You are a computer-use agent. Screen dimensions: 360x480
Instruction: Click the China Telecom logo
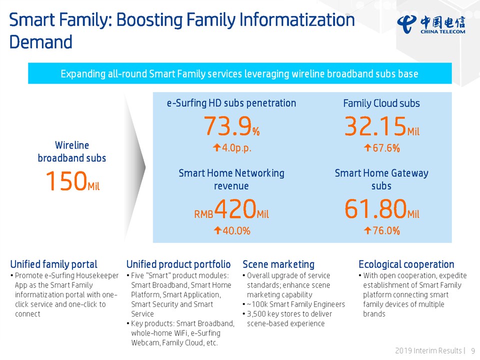tap(431, 23)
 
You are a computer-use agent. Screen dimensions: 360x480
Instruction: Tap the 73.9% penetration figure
tap(231, 126)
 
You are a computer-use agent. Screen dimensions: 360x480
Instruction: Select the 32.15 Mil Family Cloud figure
tap(381, 126)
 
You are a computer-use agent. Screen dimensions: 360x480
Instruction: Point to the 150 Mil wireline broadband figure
tap(72, 181)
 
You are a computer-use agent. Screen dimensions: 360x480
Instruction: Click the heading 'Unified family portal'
tap(54, 264)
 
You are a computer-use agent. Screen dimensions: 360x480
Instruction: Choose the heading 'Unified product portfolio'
tap(178, 264)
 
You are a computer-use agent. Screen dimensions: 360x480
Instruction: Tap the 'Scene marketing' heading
tap(278, 264)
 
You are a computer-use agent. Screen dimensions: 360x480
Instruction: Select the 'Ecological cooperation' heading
tap(406, 264)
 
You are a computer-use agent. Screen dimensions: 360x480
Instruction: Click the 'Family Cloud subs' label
tap(381, 103)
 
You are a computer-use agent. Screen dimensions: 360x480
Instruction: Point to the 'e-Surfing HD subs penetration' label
tap(231, 103)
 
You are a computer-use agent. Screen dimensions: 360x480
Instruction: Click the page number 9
tap(473, 350)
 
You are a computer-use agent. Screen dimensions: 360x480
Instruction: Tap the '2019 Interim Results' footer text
tap(428, 350)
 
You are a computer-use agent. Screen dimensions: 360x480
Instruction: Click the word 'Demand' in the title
tap(41, 42)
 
